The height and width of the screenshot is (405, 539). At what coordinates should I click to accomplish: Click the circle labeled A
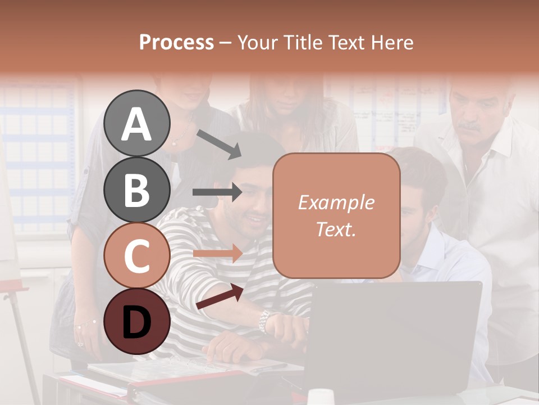point(137,123)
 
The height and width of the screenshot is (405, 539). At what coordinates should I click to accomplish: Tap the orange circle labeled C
point(137,255)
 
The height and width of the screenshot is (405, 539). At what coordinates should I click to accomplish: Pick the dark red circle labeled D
point(137,321)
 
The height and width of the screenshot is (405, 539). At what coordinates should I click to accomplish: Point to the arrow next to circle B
point(217,192)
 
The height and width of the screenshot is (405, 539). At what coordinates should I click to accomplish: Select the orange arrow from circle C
point(217,254)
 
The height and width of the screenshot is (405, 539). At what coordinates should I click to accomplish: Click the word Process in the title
point(176,42)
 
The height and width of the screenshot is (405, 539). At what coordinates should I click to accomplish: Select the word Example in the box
point(336,202)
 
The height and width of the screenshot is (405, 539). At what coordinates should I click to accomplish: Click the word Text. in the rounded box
point(336,229)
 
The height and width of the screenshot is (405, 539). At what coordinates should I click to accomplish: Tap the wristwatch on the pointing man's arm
point(264,321)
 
